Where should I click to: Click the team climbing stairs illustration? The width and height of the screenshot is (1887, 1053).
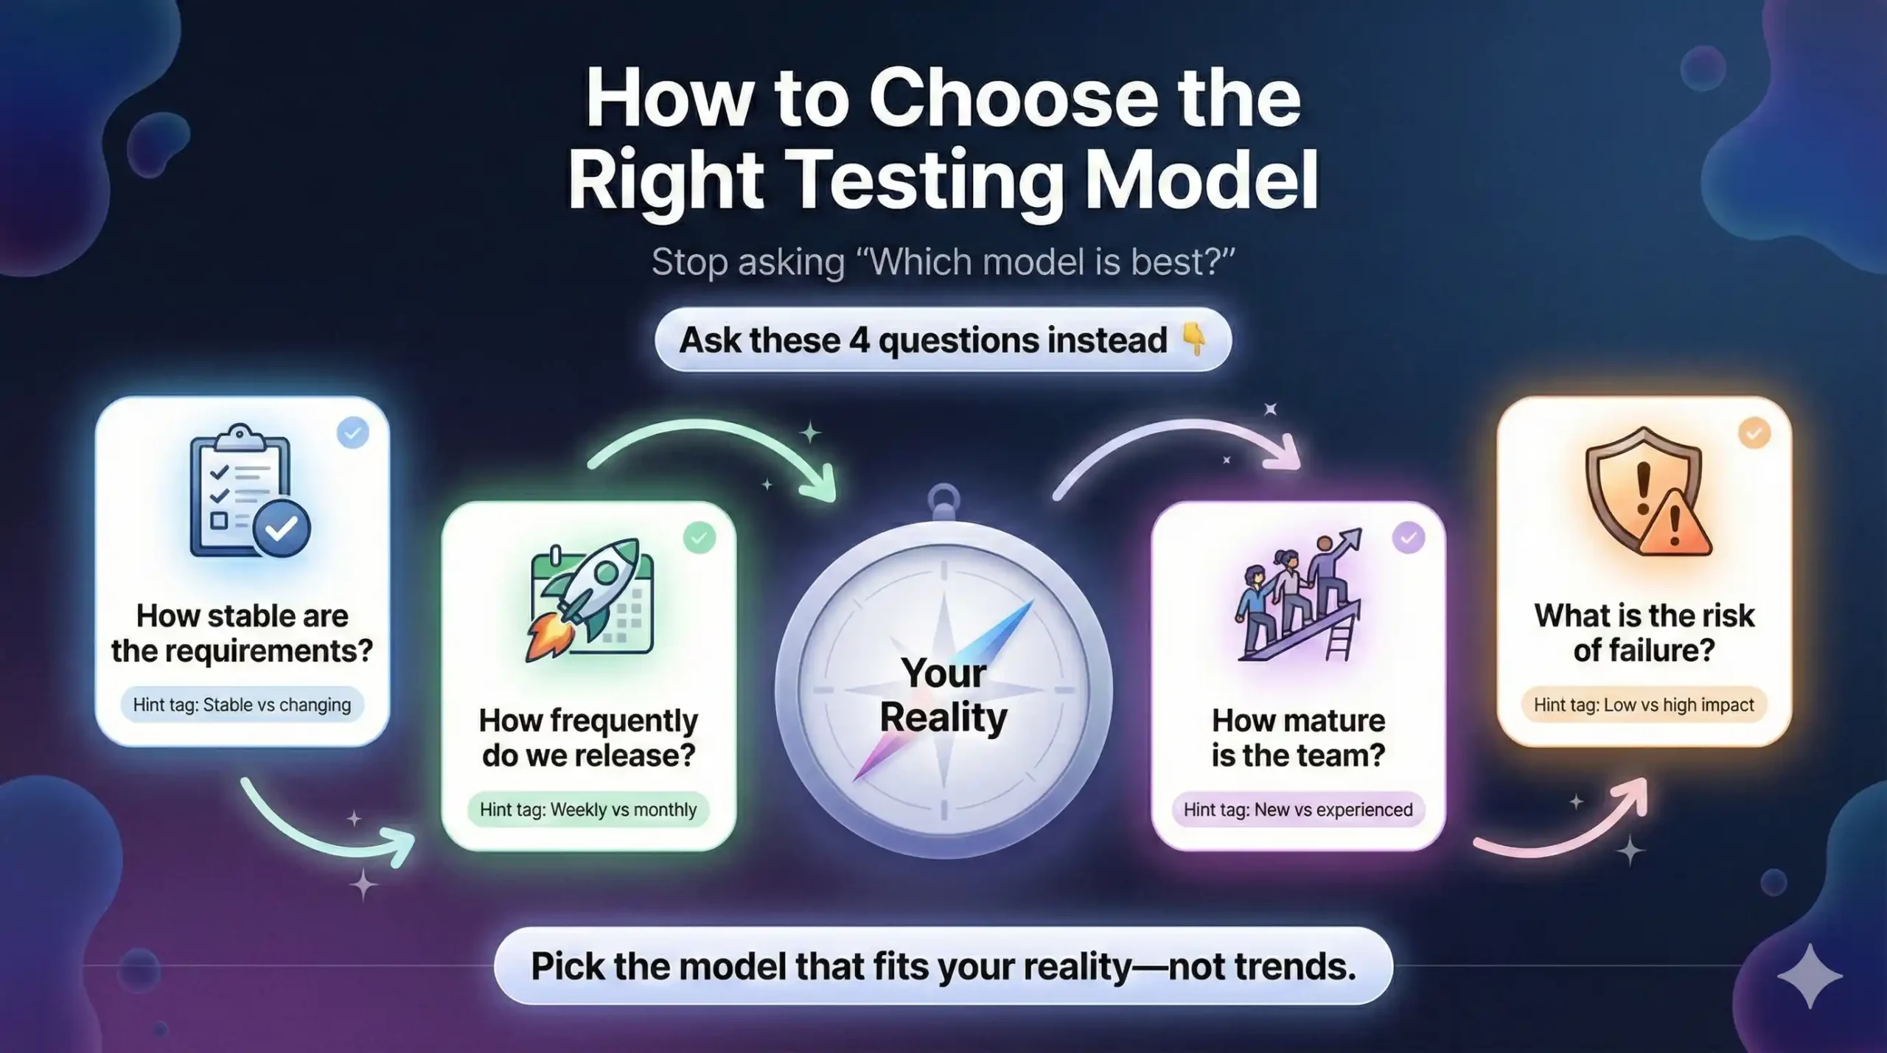(1299, 598)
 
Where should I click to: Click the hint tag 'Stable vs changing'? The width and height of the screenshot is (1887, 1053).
(242, 705)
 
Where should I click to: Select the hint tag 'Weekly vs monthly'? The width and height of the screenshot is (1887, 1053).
(587, 810)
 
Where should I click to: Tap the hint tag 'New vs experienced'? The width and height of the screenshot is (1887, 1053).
(1298, 810)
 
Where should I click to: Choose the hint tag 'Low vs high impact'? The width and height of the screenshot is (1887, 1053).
(1644, 705)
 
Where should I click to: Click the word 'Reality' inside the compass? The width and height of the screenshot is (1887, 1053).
(943, 718)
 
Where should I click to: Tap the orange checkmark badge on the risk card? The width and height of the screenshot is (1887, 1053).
(1754, 433)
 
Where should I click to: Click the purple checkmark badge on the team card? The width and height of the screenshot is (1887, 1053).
(1409, 538)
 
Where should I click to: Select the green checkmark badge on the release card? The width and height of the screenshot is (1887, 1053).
(699, 538)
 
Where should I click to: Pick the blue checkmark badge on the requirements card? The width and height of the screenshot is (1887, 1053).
(353, 433)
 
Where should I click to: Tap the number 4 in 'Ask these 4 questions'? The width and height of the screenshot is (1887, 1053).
(859, 340)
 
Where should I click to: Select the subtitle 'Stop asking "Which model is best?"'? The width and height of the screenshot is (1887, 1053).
(943, 262)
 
